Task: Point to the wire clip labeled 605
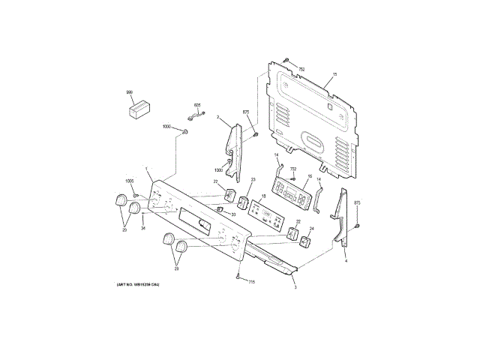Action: pos(199,115)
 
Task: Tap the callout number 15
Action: pos(334,74)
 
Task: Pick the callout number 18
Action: pos(263,196)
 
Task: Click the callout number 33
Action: pos(233,214)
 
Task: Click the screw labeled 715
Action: pos(238,277)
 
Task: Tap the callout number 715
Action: pos(252,282)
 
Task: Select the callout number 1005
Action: pos(129,182)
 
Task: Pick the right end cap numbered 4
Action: pos(342,217)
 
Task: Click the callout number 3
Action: pos(295,287)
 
